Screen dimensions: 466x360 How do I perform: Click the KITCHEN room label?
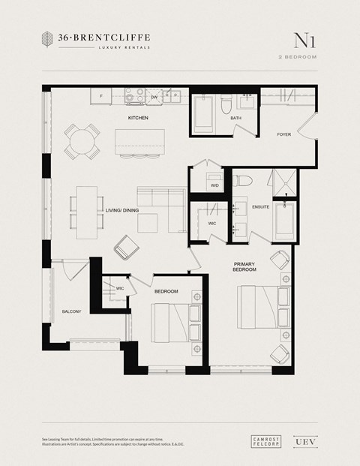tap(137, 119)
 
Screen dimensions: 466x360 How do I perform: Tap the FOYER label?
tap(283, 135)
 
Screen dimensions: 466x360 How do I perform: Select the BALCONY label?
tap(71, 311)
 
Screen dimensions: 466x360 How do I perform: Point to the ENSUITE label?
tap(261, 206)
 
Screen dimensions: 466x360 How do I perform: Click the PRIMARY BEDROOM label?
tap(244, 267)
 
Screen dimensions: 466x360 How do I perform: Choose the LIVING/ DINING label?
tap(123, 211)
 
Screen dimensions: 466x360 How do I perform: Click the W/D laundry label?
tap(214, 185)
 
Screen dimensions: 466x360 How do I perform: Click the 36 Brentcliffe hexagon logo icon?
tap(49, 41)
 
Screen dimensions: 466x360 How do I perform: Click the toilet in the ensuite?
tap(243, 181)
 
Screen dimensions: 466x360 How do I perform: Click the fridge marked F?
tap(100, 96)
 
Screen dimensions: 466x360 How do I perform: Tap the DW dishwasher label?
tap(154, 98)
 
